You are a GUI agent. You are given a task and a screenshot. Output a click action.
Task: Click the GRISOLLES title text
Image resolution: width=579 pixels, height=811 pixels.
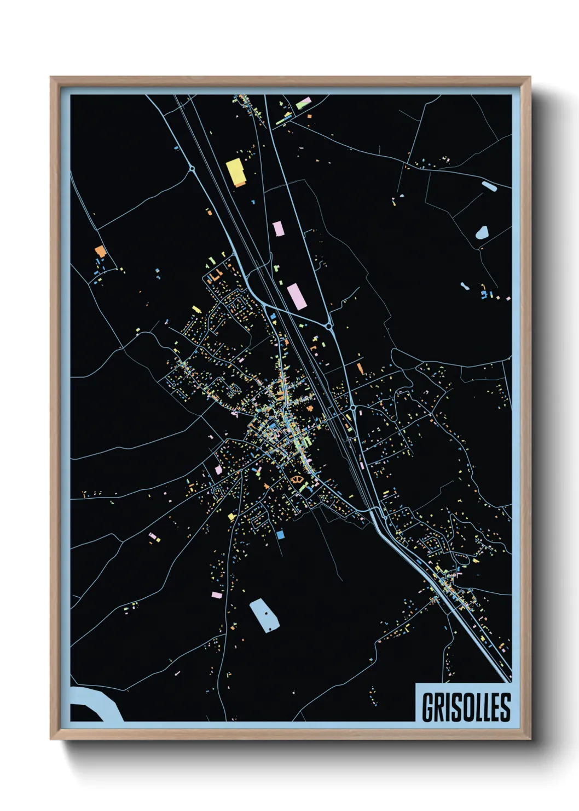(x=466, y=707)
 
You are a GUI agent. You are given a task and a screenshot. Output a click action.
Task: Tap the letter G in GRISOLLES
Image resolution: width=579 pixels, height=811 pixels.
(x=428, y=707)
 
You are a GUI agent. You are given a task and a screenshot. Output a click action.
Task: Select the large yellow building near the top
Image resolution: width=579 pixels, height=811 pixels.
(x=236, y=172)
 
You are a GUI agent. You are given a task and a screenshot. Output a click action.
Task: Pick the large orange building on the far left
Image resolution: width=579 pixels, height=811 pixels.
(x=100, y=252)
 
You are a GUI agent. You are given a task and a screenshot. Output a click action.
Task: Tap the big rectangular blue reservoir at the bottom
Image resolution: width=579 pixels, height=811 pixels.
(x=264, y=615)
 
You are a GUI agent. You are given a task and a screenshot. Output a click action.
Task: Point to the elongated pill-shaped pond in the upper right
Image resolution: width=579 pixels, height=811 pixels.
(x=489, y=186)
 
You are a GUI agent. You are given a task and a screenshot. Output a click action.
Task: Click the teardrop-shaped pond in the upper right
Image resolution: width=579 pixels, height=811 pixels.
(x=482, y=233)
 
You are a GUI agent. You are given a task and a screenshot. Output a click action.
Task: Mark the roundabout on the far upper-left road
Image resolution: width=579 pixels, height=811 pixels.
(x=192, y=168)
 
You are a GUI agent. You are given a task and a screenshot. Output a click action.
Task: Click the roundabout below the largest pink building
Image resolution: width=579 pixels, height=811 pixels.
(x=329, y=327)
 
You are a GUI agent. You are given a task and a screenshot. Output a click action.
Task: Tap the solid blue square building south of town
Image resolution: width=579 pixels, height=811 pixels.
(x=280, y=534)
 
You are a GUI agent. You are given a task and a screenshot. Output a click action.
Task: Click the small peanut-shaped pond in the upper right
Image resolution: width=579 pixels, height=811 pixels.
(x=465, y=286)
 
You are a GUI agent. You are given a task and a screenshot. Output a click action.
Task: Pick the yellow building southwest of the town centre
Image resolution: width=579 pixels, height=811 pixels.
(x=231, y=516)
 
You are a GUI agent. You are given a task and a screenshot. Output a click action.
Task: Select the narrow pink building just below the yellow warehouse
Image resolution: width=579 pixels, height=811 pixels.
(x=279, y=229)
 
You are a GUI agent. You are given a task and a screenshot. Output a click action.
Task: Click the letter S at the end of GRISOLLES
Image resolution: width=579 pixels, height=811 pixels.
(x=506, y=707)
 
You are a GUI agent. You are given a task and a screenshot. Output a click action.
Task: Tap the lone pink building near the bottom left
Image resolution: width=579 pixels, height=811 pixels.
(x=217, y=594)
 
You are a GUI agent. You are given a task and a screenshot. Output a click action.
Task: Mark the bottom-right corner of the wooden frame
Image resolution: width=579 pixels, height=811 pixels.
(x=529, y=738)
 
